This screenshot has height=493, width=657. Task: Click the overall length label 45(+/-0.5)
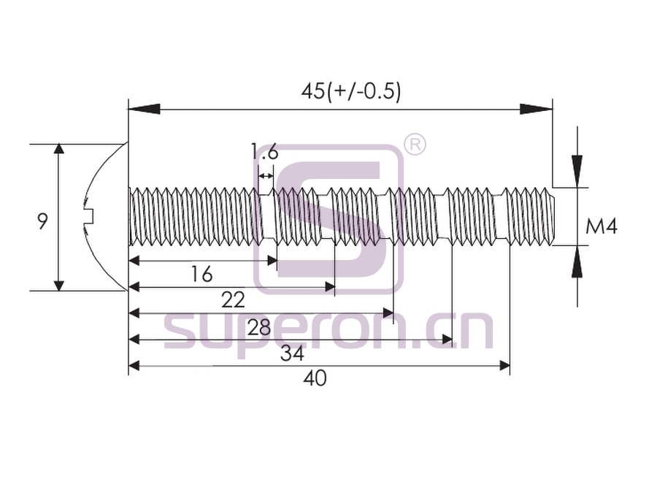click(x=350, y=91)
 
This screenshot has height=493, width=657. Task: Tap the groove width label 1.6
click(x=264, y=152)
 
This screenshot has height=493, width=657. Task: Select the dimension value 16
click(x=201, y=275)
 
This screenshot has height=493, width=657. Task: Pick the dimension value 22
click(x=233, y=300)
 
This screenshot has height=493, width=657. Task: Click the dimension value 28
click(x=259, y=327)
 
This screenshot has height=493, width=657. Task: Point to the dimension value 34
click(x=292, y=354)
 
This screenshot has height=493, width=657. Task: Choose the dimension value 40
click(x=315, y=379)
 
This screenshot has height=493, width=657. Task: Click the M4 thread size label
click(x=602, y=227)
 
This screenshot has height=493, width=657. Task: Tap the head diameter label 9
click(x=42, y=221)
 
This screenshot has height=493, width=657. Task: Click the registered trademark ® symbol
click(x=415, y=145)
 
